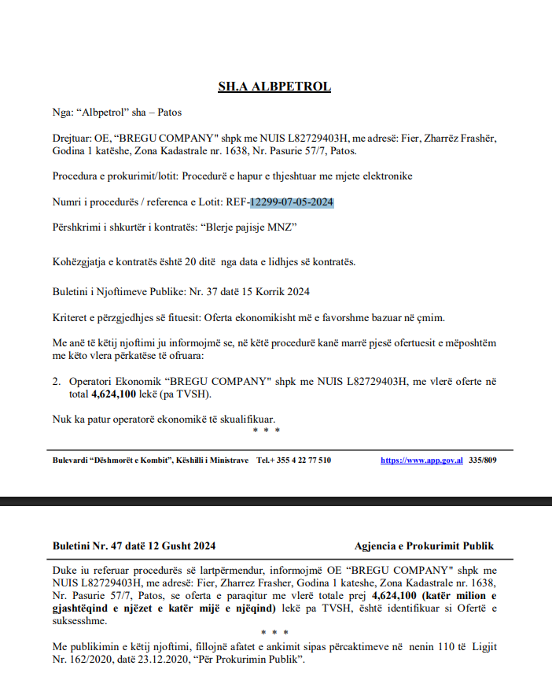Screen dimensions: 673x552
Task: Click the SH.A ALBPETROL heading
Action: [x=274, y=87]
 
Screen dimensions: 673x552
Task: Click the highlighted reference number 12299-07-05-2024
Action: [x=292, y=203]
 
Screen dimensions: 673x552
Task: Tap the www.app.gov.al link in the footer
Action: [x=421, y=460]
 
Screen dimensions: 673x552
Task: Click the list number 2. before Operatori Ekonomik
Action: [x=57, y=381]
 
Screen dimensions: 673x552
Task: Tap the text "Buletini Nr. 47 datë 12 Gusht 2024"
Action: [x=134, y=545]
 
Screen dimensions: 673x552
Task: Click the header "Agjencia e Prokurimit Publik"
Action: [x=425, y=545]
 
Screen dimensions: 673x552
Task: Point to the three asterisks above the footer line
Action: [x=267, y=431]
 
